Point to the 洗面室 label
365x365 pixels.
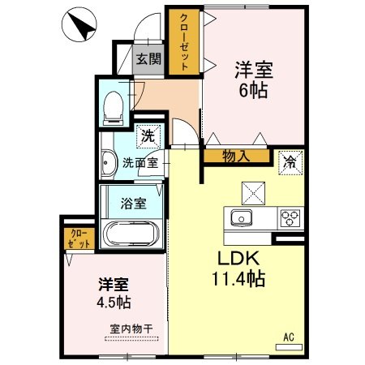(x=140, y=162)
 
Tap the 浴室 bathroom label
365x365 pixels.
(x=134, y=203)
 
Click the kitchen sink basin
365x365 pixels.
(x=242, y=217)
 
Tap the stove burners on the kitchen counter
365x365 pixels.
(x=290, y=217)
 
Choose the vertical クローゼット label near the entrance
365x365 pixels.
(x=185, y=43)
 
